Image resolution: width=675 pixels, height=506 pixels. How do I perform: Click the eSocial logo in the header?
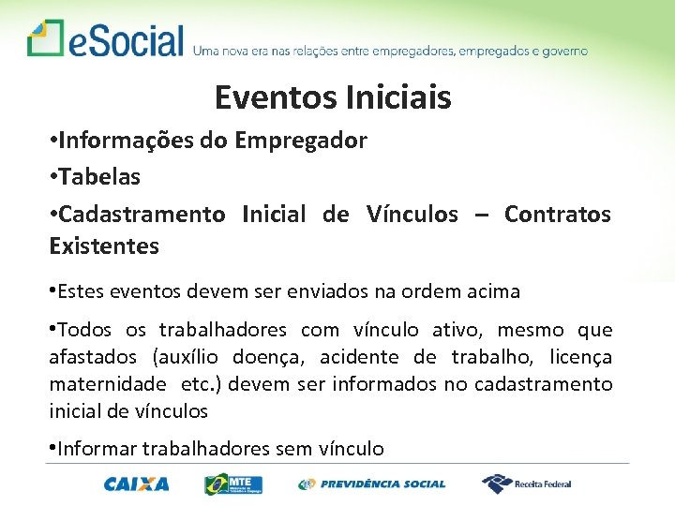(x=106, y=40)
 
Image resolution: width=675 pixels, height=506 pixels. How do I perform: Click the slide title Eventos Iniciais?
(x=333, y=97)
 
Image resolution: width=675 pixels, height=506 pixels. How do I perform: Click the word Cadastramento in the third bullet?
(x=142, y=215)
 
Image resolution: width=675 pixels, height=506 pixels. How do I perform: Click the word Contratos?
(x=557, y=215)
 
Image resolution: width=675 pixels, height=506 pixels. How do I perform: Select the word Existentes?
(x=104, y=246)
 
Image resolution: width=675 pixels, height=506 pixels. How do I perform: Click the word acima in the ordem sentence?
(x=492, y=291)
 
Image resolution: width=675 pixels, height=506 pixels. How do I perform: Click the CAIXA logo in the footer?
(x=137, y=484)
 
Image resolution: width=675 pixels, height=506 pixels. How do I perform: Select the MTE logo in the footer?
(x=234, y=484)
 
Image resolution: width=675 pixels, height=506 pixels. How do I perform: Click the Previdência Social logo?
(x=372, y=484)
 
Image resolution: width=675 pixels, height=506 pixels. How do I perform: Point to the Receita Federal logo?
(x=527, y=484)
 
